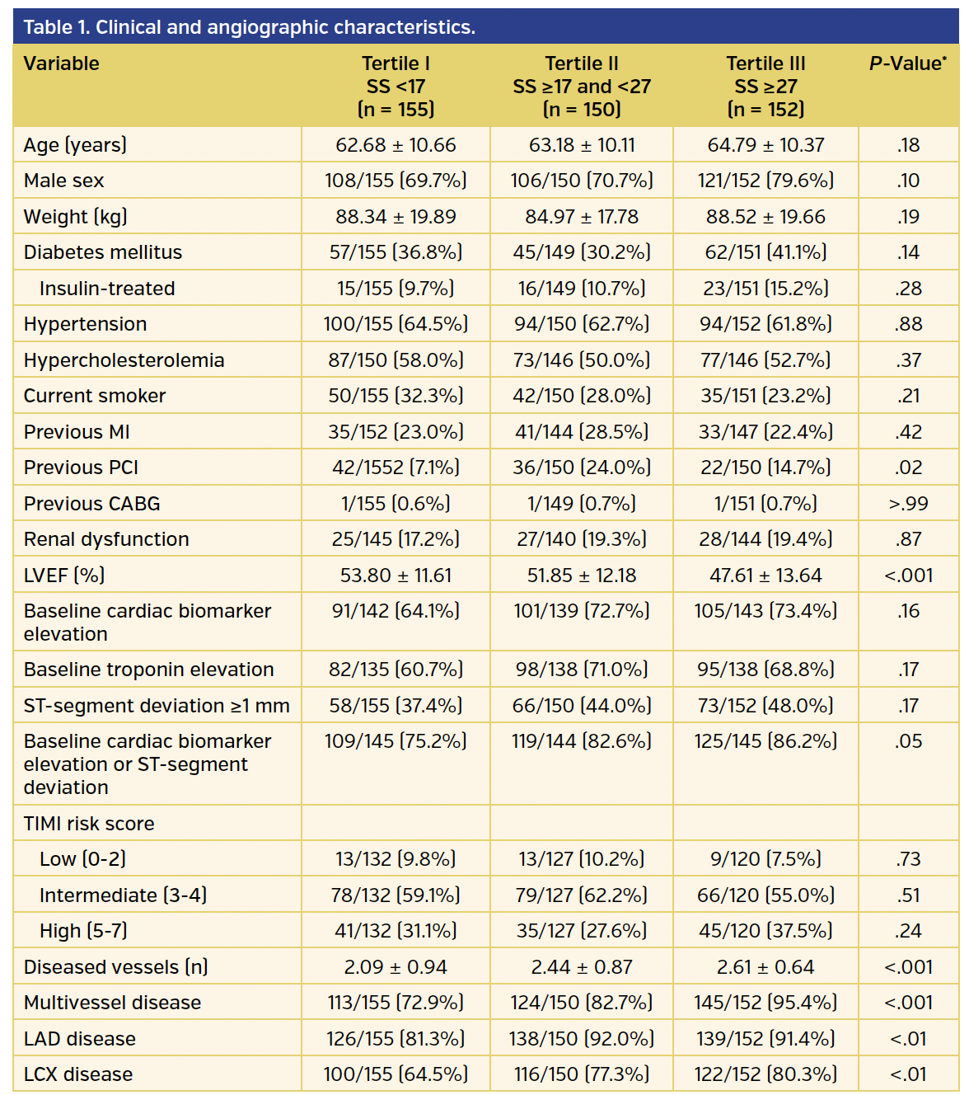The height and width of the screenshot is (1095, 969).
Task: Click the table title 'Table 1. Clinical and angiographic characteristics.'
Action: pyautogui.click(x=249, y=27)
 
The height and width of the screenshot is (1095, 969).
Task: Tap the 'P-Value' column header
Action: pyautogui.click(x=907, y=63)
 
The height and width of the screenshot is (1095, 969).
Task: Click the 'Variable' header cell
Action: pyautogui.click(x=62, y=63)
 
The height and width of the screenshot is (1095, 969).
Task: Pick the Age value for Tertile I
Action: pyautogui.click(x=396, y=145)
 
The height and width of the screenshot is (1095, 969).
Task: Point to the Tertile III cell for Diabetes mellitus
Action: pyautogui.click(x=765, y=252)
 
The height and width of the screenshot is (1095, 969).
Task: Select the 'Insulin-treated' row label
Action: pyautogui.click(x=107, y=289)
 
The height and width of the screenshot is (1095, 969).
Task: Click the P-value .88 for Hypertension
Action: pyautogui.click(x=908, y=324)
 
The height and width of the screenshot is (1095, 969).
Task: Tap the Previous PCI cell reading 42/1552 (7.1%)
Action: pyautogui.click(x=396, y=468)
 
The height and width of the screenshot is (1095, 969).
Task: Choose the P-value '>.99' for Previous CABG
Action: pyautogui.click(x=908, y=504)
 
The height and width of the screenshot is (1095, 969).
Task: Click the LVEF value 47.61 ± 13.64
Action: pyautogui.click(x=765, y=576)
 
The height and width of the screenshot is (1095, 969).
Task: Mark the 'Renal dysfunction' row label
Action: pyautogui.click(x=106, y=539)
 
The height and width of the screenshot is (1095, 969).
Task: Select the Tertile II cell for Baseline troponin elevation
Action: pyautogui.click(x=582, y=670)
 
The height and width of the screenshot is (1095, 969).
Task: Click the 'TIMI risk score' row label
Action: pyautogui.click(x=89, y=824)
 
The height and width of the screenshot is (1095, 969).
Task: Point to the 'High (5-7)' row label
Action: pyautogui.click(x=83, y=931)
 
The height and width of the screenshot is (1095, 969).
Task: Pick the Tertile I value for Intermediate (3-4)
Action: pyautogui.click(x=396, y=895)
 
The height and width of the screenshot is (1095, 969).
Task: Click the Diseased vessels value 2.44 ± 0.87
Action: pyautogui.click(x=582, y=967)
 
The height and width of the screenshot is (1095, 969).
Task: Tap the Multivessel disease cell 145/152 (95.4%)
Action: pyautogui.click(x=765, y=1003)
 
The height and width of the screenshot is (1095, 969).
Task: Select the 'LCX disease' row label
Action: pyautogui.click(x=78, y=1074)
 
